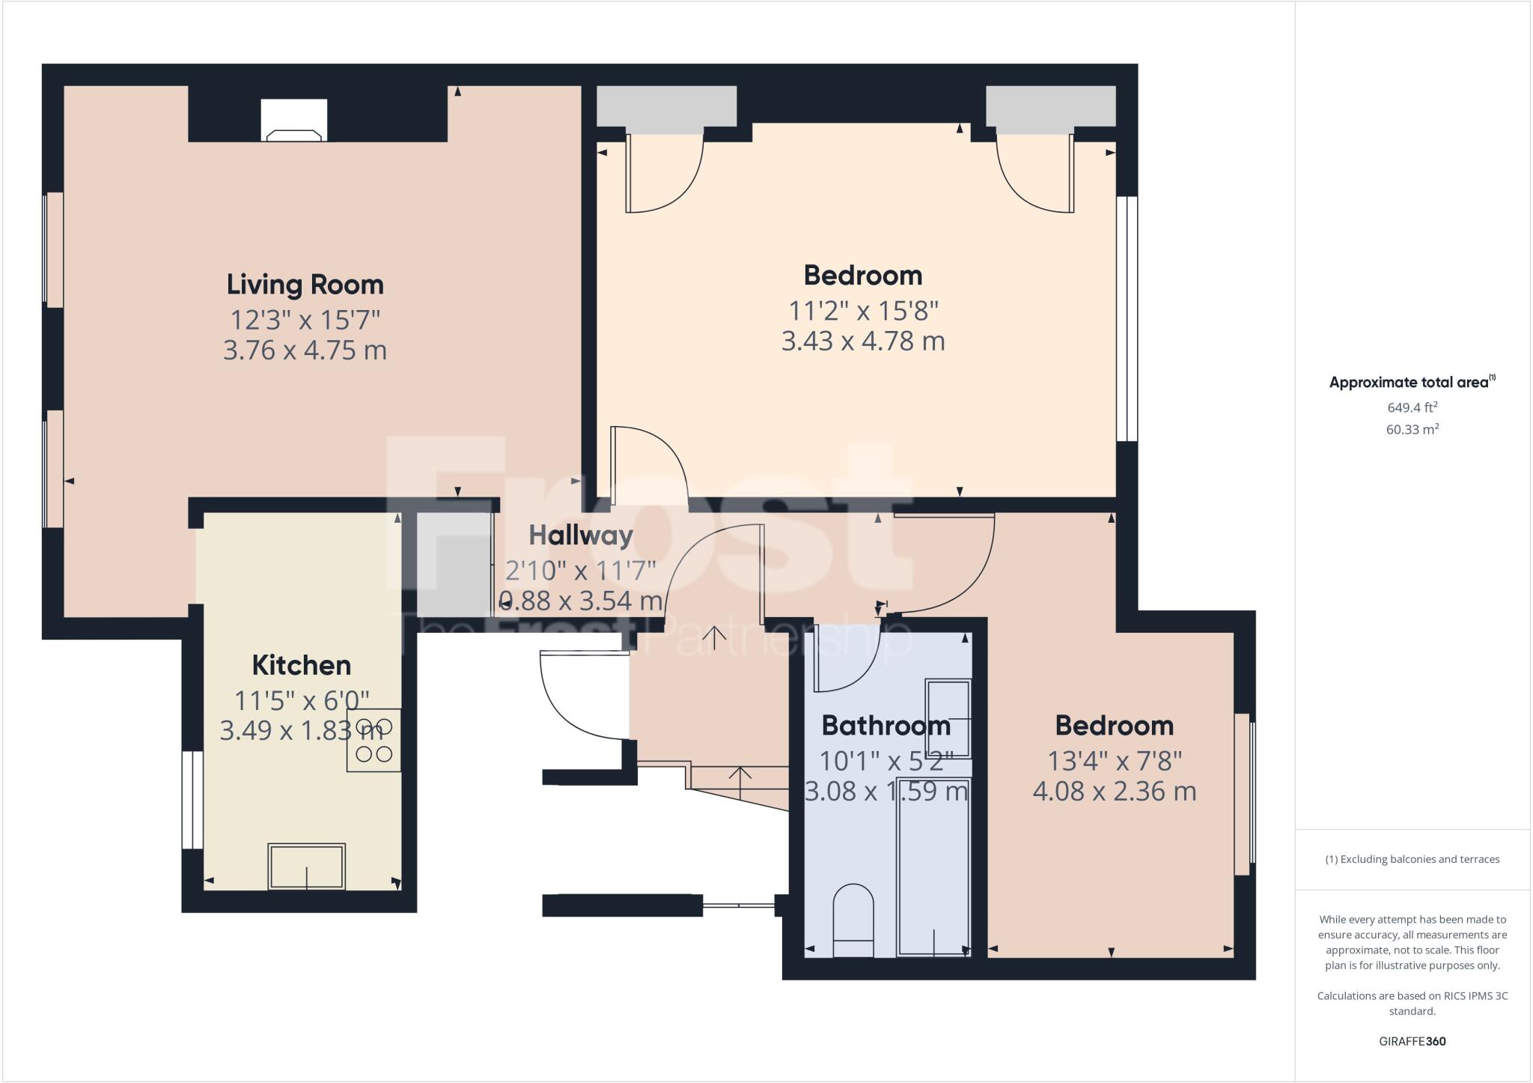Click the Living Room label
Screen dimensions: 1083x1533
(305, 285)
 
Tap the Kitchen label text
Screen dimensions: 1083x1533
(301, 665)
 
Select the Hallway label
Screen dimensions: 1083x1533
(581, 536)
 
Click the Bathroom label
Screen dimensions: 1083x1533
(886, 725)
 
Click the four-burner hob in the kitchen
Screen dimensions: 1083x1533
(374, 740)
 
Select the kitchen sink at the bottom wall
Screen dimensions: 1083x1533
(307, 867)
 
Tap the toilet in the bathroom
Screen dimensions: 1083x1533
(853, 920)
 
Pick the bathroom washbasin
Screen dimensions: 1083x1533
(948, 718)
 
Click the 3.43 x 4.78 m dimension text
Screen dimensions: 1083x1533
(862, 342)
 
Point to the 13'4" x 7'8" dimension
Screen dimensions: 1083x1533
(1114, 761)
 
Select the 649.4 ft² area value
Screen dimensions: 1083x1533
(1412, 408)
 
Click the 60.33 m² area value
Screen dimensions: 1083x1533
(1412, 430)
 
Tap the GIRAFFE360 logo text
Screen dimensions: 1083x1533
(1412, 1041)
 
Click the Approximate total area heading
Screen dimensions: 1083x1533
(1412, 382)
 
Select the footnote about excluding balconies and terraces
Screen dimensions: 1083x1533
(1412, 859)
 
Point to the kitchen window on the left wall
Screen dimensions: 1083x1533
(192, 800)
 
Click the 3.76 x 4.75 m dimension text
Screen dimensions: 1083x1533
(305, 351)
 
